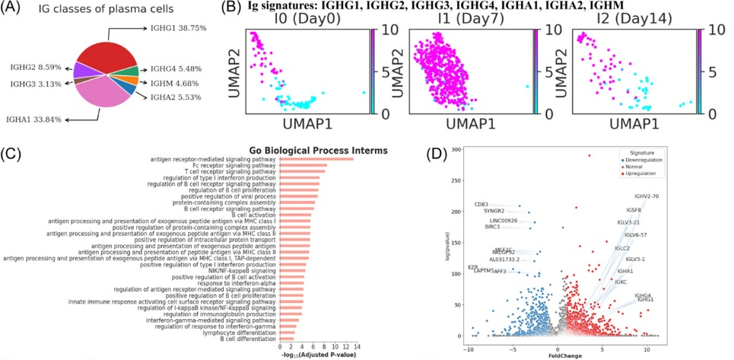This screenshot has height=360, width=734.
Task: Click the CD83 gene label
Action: pyautogui.click(x=481, y=204)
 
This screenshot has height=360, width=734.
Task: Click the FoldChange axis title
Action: pyautogui.click(x=558, y=355)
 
